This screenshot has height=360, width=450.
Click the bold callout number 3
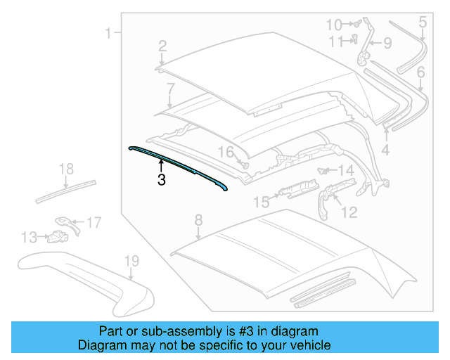tap(162, 180)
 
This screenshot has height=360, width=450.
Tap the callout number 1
tap(109, 32)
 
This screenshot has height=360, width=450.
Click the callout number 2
tap(162, 46)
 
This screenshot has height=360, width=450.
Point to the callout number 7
tap(170, 89)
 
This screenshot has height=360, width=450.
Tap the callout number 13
tap(29, 238)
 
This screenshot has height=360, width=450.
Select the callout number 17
tap(94, 223)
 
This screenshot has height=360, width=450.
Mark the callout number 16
tap(224, 152)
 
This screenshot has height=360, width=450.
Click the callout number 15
tap(261, 202)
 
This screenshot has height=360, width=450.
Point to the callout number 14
tap(345, 170)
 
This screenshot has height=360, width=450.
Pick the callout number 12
tap(349, 212)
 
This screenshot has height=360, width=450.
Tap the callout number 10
tap(334, 25)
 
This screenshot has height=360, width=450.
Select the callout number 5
tap(423, 22)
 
